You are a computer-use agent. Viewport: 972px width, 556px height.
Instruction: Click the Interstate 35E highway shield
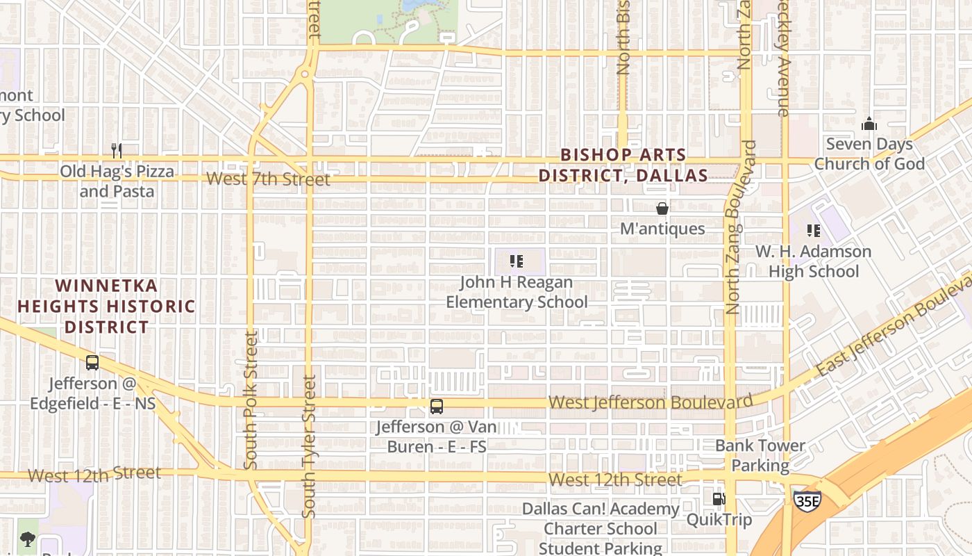(807, 500)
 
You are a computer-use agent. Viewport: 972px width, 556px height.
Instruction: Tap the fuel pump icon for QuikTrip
(719, 498)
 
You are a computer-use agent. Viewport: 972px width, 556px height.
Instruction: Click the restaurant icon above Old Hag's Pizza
(117, 150)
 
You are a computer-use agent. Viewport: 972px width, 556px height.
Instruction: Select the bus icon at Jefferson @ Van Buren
(436, 407)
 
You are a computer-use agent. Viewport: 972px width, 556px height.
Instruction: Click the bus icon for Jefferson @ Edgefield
(92, 362)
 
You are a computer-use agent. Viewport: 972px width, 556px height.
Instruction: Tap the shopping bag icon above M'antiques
(662, 208)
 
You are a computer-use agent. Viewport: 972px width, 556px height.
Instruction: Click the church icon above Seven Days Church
(869, 124)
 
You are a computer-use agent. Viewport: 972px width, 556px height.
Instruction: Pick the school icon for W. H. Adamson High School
(813, 230)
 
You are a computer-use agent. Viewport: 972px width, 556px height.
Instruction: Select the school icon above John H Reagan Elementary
(516, 261)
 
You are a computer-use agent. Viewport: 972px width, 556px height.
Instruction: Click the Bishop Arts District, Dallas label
(623, 165)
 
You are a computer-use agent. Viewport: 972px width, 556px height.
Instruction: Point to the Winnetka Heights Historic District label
(106, 306)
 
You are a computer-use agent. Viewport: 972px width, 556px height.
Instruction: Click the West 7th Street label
(268, 179)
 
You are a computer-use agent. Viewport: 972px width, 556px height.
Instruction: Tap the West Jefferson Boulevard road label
(650, 402)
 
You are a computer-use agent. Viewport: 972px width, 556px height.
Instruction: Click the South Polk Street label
(251, 400)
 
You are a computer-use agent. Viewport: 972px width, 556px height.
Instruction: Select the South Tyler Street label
(309, 446)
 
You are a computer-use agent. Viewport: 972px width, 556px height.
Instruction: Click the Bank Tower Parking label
(760, 455)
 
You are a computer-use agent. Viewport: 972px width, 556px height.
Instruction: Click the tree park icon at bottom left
(27, 539)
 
